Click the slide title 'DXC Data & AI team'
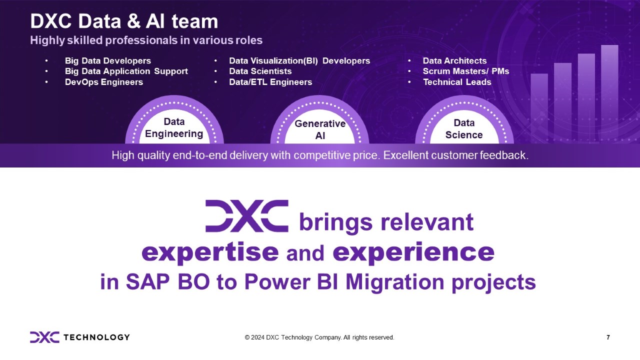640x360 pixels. click(x=124, y=21)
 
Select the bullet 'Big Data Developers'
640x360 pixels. click(x=108, y=61)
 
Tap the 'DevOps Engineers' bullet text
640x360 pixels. click(x=104, y=82)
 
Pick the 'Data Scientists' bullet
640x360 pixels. click(x=260, y=71)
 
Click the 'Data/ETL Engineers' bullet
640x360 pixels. click(x=270, y=82)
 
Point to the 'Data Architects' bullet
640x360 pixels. click(x=454, y=61)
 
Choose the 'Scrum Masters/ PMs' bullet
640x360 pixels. click(x=466, y=71)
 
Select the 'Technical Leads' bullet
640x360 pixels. click(x=457, y=82)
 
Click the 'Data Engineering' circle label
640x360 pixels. click(x=174, y=127)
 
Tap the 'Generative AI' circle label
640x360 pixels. click(x=320, y=129)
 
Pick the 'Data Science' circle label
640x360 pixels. click(x=464, y=129)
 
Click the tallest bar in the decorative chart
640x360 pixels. click(x=609, y=94)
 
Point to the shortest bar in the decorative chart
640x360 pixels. click(x=539, y=108)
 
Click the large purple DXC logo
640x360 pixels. click(x=247, y=216)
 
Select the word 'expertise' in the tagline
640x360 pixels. click(x=210, y=252)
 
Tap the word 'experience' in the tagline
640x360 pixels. click(x=413, y=252)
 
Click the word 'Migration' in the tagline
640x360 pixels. click(x=394, y=282)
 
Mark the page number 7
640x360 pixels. click(x=608, y=337)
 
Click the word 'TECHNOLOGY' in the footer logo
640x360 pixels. click(x=96, y=337)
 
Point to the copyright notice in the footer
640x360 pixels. click(x=319, y=337)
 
